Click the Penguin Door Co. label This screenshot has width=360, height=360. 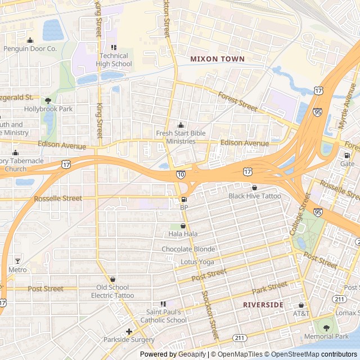(x=30, y=49)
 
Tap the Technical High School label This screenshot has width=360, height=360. (x=115, y=60)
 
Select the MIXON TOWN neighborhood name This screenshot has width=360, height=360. (x=217, y=58)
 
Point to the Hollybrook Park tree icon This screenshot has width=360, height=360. (x=48, y=101)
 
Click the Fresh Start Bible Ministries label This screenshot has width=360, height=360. (x=181, y=137)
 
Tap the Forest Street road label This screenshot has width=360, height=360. (x=237, y=101)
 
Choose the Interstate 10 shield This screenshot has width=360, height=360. (x=181, y=175)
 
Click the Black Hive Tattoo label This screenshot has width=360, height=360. (x=254, y=196)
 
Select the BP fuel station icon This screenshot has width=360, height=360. (x=184, y=200)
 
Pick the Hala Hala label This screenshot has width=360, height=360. (x=183, y=233)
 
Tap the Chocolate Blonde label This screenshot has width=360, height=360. (x=188, y=249)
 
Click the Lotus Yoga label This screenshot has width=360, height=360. (x=197, y=262)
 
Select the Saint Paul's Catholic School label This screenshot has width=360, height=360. (x=166, y=316)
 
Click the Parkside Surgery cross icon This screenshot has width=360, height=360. (x=129, y=331)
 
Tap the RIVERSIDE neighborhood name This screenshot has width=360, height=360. (x=263, y=304)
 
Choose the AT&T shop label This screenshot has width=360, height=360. (x=301, y=313)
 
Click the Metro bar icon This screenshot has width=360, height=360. (x=17, y=262)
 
